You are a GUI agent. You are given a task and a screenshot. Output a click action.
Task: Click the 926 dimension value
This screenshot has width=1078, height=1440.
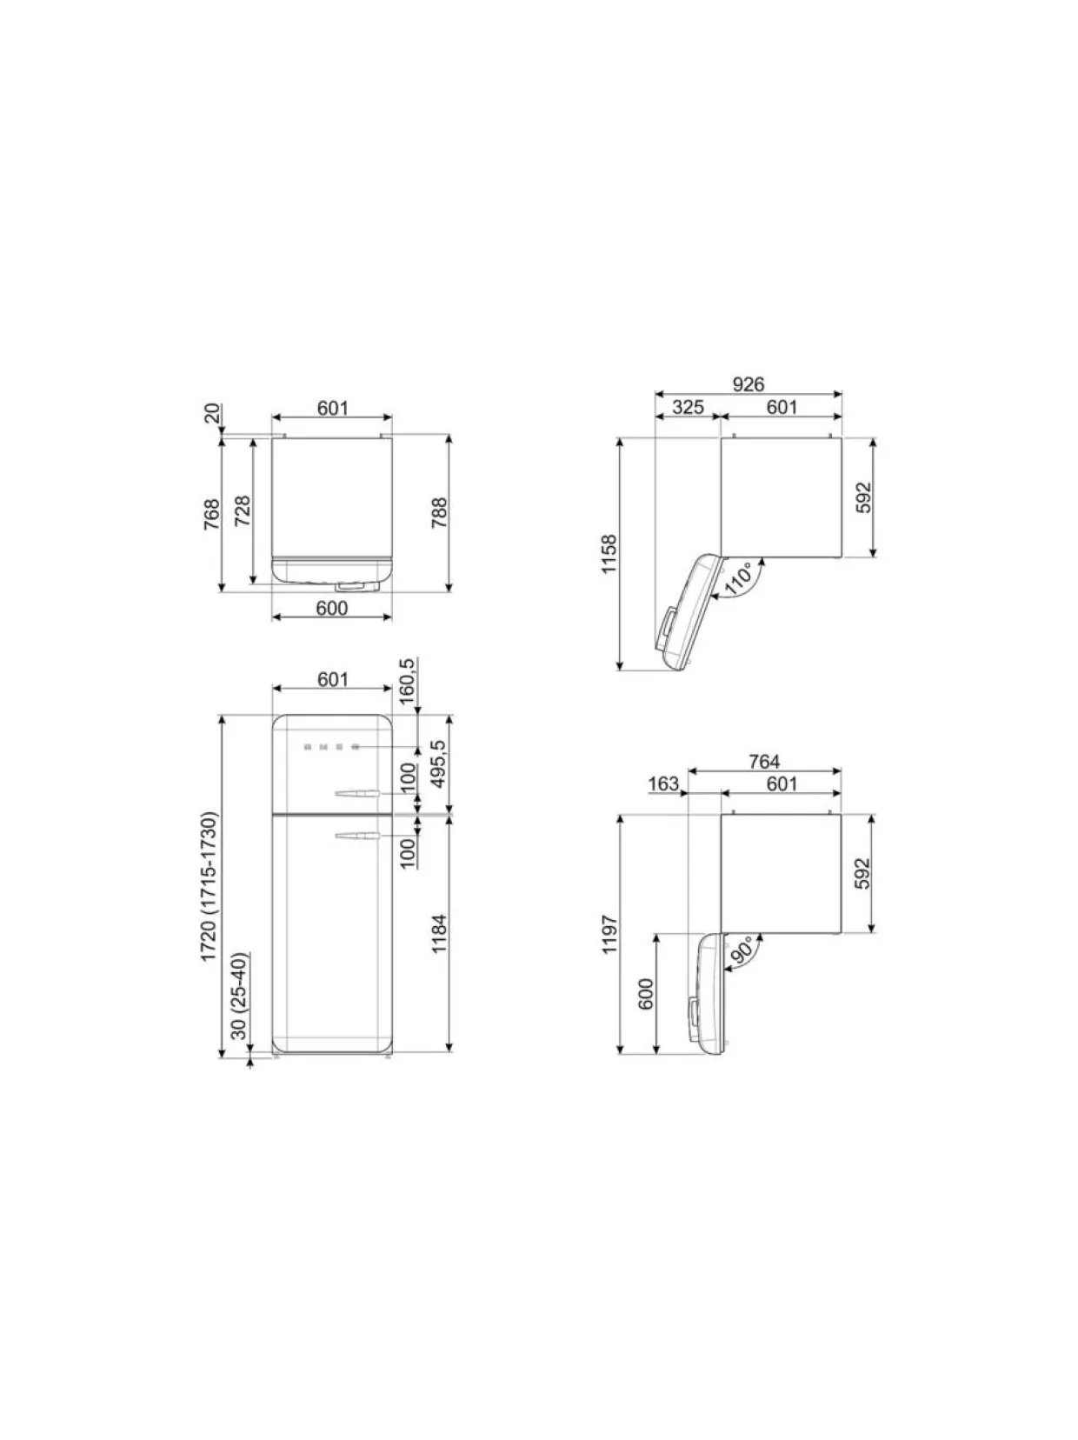[749, 383]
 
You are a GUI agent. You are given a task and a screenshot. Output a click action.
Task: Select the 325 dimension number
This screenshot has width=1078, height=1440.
[688, 407]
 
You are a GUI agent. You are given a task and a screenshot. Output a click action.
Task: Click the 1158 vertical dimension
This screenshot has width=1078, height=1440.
[609, 554]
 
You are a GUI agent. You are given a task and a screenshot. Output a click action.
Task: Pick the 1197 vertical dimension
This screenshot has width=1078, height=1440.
[609, 934]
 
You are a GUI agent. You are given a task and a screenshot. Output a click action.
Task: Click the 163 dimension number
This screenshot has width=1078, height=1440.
[663, 783]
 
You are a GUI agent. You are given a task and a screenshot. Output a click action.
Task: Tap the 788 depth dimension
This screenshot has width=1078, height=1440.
[439, 513]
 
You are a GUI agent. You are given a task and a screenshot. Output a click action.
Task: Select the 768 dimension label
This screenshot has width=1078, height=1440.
[211, 515]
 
